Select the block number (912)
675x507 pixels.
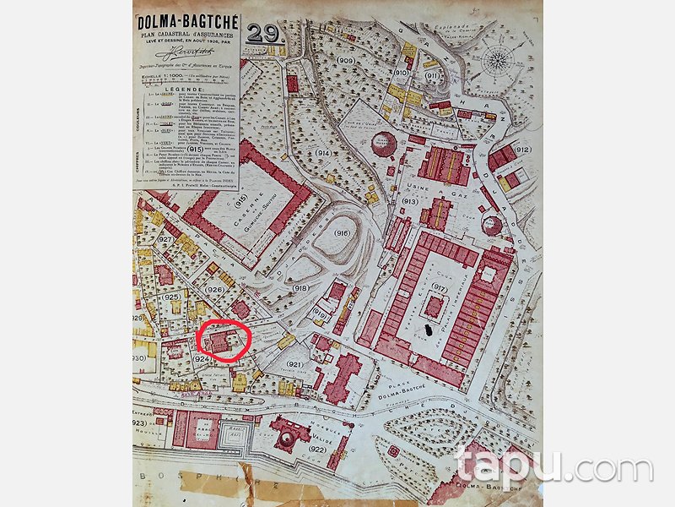[522, 150]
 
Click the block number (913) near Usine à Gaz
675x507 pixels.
[411, 202]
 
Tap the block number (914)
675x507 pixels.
[324, 153]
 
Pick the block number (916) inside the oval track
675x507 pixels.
[342, 233]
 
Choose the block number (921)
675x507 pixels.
[294, 364]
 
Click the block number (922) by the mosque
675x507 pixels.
[318, 450]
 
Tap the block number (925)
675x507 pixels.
[172, 297]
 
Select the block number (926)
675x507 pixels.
[214, 291]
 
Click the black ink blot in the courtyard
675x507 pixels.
[434, 330]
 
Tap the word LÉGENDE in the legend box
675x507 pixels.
[186, 89]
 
